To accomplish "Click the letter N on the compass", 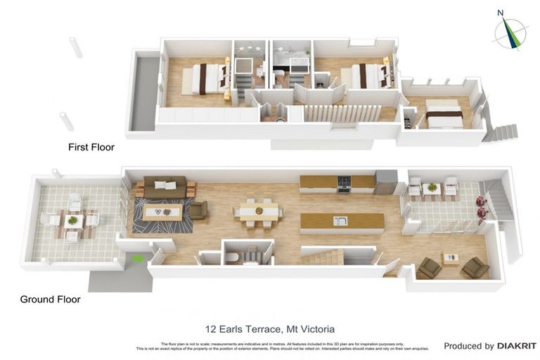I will (501, 13).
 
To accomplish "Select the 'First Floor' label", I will (91, 148).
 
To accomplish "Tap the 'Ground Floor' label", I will (50, 299).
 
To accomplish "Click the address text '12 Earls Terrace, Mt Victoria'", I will (269, 328).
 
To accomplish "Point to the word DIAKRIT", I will (517, 346).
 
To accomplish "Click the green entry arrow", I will (139, 259).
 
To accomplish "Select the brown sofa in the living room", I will (165, 187).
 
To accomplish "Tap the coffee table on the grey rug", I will (162, 210).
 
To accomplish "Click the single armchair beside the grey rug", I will (198, 210).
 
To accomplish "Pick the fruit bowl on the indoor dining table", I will (259, 210).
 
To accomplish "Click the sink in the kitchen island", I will (340, 221).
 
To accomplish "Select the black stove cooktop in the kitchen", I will (345, 183).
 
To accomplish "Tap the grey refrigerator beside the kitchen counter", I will (385, 182).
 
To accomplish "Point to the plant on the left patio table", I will (72, 220).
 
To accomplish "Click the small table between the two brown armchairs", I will (450, 258).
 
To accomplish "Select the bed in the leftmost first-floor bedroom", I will (205, 78).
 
